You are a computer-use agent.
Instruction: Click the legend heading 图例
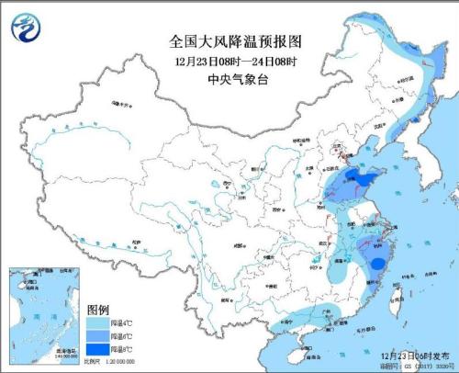coord(98,311)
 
